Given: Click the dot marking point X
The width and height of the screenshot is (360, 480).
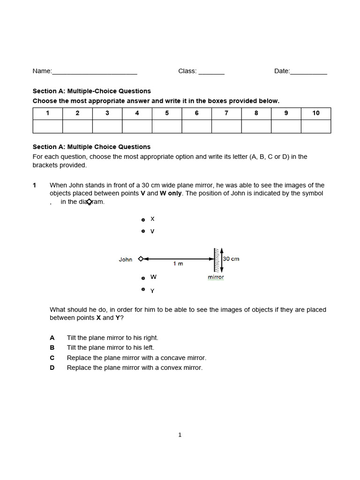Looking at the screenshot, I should tap(143, 219).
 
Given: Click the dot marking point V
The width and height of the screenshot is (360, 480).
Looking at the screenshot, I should tap(143, 231).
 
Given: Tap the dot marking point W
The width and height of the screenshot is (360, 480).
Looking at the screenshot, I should tap(143, 278).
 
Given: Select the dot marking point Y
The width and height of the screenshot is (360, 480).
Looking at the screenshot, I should tap(143, 289).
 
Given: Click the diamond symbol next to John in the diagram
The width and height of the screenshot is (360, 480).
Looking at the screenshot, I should tap(141, 259).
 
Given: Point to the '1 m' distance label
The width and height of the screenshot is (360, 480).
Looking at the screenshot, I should tap(178, 264).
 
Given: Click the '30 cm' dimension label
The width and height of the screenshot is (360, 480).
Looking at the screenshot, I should tap(231, 259).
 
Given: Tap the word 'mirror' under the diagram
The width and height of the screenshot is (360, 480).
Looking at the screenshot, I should tap(216, 277).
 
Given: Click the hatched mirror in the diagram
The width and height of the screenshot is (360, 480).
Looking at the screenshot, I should tap(217, 260).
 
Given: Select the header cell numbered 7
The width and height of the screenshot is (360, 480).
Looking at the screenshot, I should tap(226, 113).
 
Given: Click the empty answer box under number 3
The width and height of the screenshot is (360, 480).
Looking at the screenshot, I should tap(107, 127).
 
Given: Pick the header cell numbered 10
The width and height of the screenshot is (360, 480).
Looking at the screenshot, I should tap(316, 113).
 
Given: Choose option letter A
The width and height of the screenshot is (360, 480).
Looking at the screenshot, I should tap(52, 338).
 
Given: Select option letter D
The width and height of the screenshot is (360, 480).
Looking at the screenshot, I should tap(52, 368).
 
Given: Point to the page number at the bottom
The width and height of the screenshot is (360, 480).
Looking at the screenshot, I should tap(180, 435).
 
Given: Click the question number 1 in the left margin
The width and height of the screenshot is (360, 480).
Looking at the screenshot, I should tap(34, 186).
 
